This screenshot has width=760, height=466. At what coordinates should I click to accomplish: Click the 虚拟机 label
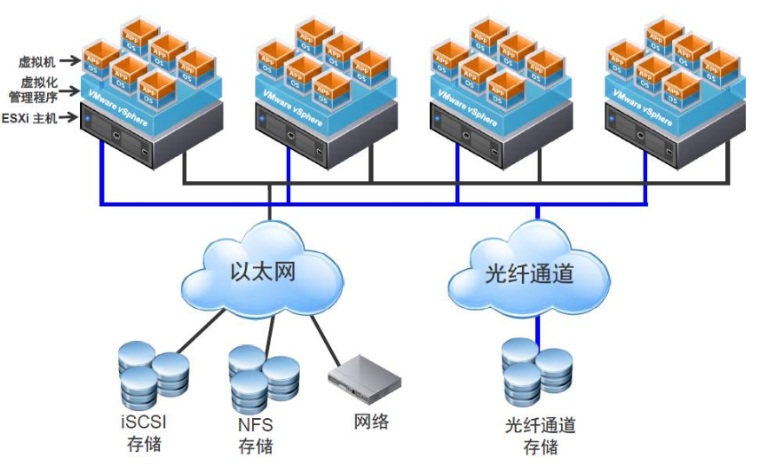coord(36,62)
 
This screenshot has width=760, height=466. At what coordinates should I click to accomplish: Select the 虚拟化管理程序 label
coord(38,90)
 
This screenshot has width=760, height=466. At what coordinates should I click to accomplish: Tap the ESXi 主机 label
coord(30,117)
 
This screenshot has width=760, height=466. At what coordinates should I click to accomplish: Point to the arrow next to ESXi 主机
coord(69,117)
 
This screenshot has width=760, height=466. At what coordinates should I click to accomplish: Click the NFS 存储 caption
coord(256,433)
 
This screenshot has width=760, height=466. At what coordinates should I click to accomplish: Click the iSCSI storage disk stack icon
coord(152,374)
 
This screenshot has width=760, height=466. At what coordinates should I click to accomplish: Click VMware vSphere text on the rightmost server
coord(649,104)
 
